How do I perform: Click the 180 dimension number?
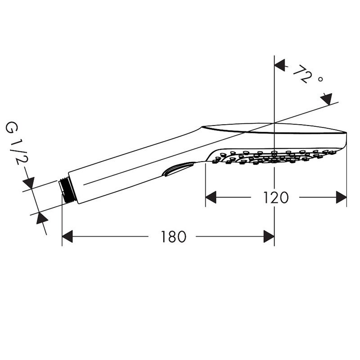(173, 237)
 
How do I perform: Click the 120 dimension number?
(275, 198)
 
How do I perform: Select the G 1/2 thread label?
(16, 144)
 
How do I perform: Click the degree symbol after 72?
(320, 80)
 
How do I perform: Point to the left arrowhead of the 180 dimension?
(67, 237)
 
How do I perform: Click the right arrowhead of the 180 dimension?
(269, 237)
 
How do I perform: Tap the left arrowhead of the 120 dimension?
(211, 197)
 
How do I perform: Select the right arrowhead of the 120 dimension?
(341, 197)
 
